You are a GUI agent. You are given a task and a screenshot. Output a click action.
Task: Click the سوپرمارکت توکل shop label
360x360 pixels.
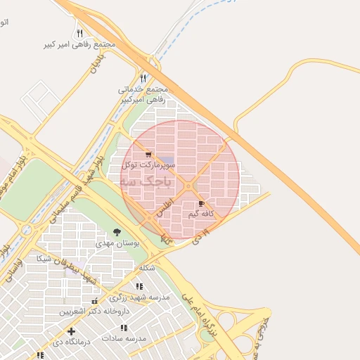tap(153, 165)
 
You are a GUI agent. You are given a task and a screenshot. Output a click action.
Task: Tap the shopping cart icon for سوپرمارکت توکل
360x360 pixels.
tap(148, 154)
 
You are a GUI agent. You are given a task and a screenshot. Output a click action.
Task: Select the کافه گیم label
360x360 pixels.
tap(201, 213)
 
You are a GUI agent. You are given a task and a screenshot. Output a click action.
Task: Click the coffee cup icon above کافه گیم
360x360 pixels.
tap(202, 203)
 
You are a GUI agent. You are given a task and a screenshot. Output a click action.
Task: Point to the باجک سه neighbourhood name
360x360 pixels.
tap(146, 181)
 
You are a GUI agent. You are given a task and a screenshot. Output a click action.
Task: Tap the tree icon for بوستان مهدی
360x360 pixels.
tap(117, 232)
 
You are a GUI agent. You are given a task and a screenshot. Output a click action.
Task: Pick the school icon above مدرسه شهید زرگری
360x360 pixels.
tap(139, 286)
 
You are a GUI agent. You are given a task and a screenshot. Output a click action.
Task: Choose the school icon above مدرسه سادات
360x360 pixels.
tap(124, 328)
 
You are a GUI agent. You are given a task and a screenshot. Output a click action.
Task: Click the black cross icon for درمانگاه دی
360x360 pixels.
tap(70, 331)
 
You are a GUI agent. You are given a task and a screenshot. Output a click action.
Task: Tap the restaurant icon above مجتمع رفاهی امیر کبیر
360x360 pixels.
tap(79, 33)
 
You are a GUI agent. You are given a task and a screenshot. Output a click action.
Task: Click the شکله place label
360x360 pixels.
tap(147, 268)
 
